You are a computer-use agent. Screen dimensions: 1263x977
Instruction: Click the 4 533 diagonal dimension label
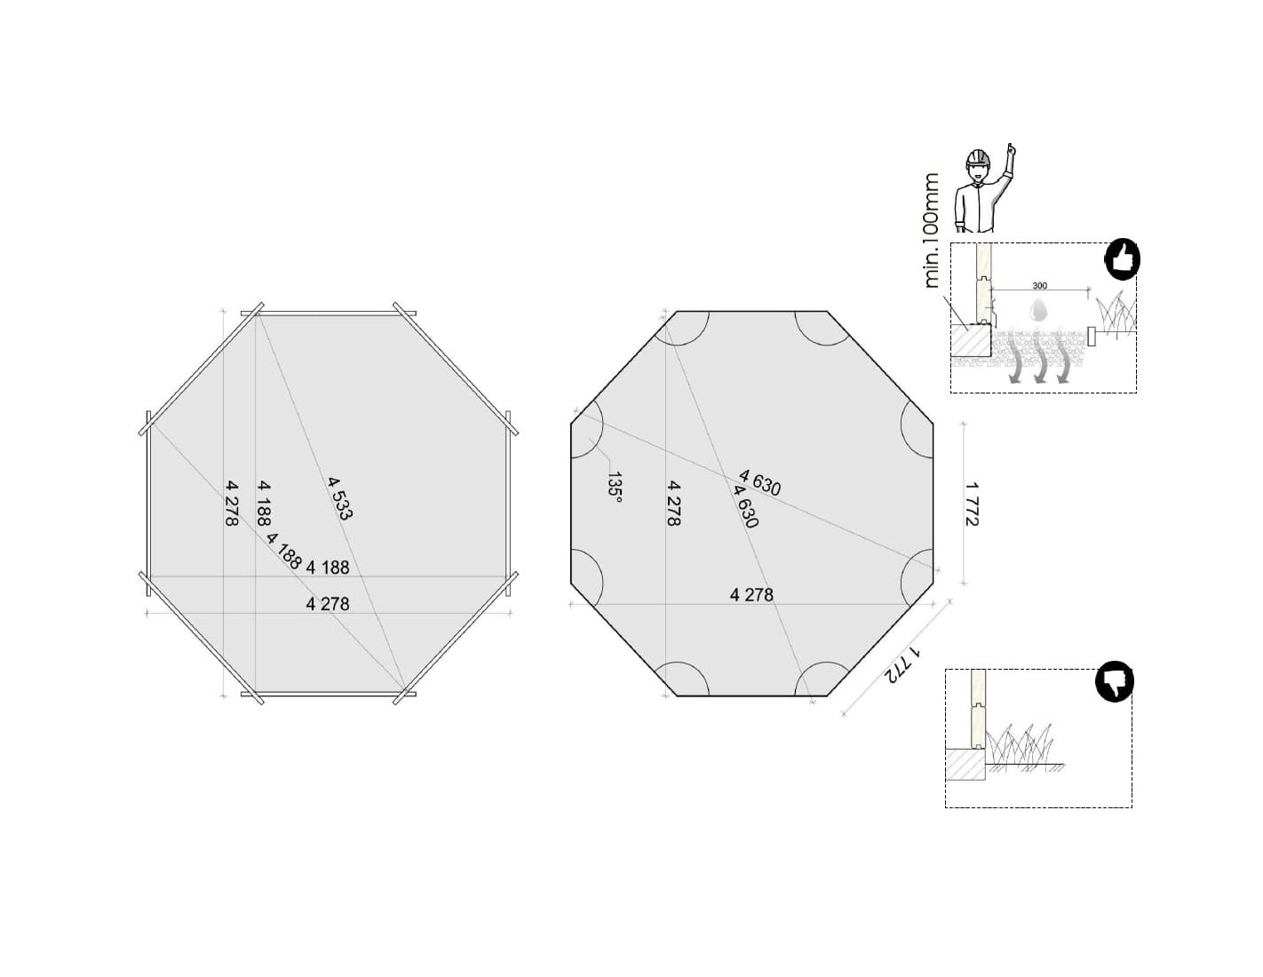coord(340,498)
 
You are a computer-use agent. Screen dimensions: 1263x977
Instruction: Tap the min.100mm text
coord(931,231)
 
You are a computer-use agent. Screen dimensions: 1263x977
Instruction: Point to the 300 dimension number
coord(1040,285)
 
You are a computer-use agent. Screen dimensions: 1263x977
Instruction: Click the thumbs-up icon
coord(1121,259)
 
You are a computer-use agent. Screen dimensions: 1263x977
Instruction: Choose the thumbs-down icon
coord(1114,681)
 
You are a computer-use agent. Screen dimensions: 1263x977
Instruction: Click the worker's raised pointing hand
coord(1011,151)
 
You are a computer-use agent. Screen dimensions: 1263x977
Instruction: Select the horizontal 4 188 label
coord(327,568)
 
